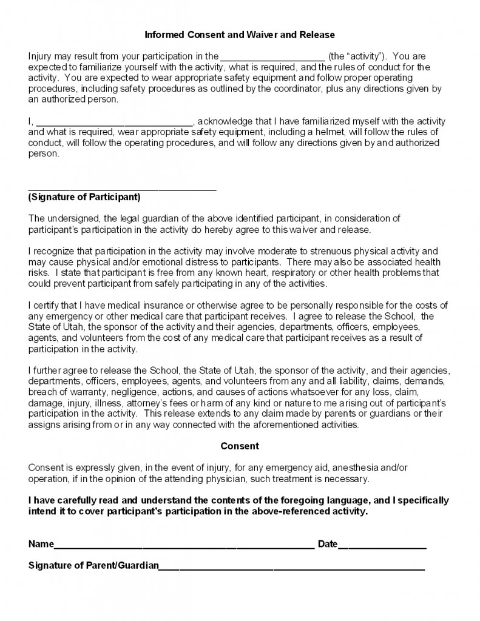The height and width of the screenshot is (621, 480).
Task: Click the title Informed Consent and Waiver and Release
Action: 240,35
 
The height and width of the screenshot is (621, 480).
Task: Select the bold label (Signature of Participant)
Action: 84,197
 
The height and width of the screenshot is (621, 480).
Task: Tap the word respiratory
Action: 293,272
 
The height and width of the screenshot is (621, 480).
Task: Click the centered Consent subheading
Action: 240,446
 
